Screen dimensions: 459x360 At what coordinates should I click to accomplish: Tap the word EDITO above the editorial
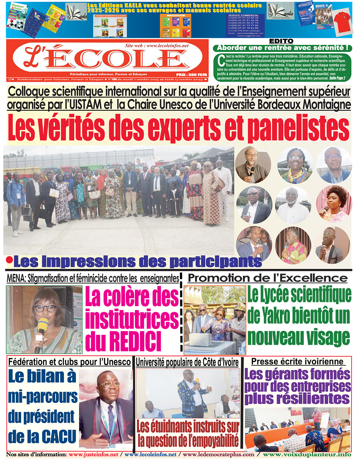pos(281,41)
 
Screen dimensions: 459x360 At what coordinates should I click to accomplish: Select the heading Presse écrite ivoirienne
pos(297,362)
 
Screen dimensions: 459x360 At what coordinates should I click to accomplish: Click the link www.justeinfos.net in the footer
pos(93,455)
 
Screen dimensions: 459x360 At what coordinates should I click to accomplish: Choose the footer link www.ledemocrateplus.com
pos(218,455)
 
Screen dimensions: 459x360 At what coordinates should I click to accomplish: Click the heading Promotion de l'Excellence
pos(268,278)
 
